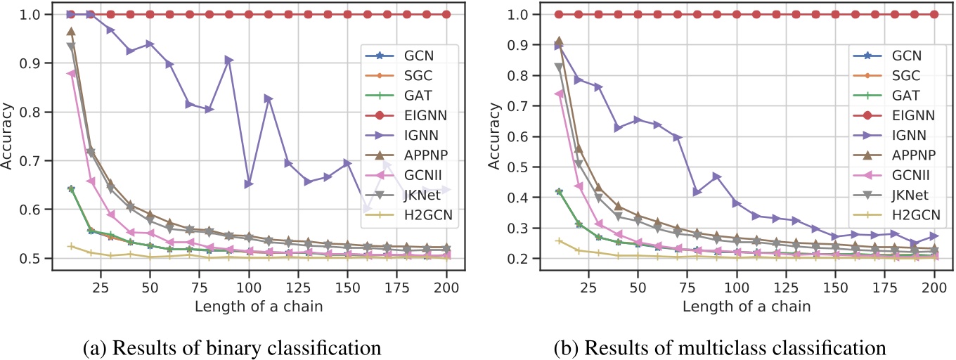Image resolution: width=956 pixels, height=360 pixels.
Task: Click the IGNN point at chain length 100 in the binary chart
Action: tap(249, 184)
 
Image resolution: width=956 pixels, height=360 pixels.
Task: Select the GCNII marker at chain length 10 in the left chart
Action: tap(71, 73)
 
